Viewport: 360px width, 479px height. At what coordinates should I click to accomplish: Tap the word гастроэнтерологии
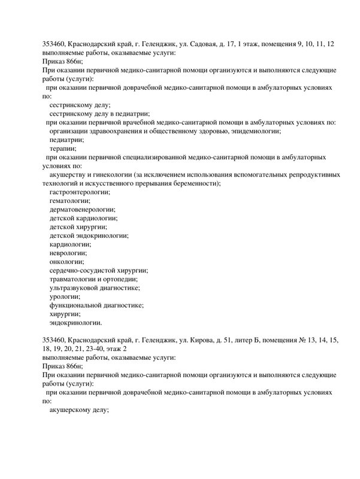pos(80,192)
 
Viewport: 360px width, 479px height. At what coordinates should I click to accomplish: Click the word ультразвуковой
pos(76,287)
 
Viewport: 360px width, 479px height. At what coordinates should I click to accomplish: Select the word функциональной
pos(77,305)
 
